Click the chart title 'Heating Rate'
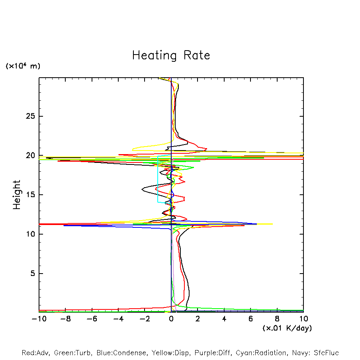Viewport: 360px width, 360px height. click(x=171, y=55)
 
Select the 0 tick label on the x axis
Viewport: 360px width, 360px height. click(x=171, y=319)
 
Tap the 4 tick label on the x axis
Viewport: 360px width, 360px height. click(x=224, y=319)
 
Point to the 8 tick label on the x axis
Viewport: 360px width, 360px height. click(x=277, y=319)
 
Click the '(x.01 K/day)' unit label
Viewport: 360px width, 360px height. click(x=287, y=328)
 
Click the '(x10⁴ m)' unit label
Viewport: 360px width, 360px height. click(x=23, y=66)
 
